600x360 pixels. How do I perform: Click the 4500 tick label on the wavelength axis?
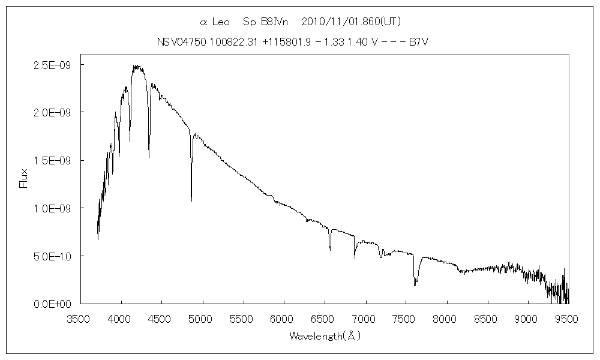pyautogui.click(x=161, y=318)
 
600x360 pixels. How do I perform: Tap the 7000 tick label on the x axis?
pyautogui.click(x=365, y=318)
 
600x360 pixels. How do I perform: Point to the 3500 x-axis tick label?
pyautogui.click(x=80, y=318)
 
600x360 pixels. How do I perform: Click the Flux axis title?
pyautogui.click(x=24, y=178)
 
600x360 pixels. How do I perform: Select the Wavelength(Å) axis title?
pyautogui.click(x=325, y=336)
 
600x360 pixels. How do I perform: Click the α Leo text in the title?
pyautogui.click(x=214, y=22)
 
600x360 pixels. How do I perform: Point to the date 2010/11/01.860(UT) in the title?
pyautogui.click(x=352, y=22)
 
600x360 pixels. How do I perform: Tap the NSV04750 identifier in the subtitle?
pyautogui.click(x=177, y=42)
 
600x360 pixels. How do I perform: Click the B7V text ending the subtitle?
pyautogui.click(x=418, y=42)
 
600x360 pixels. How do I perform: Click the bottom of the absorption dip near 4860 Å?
pyautogui.click(x=191, y=200)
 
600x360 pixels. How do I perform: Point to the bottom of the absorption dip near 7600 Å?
pyautogui.click(x=415, y=285)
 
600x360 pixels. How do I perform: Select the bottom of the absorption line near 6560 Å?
pyautogui.click(x=330, y=247)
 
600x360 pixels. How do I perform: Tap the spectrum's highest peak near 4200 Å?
pyautogui.click(x=136, y=65)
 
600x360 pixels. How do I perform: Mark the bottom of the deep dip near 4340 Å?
pyautogui.click(x=149, y=158)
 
